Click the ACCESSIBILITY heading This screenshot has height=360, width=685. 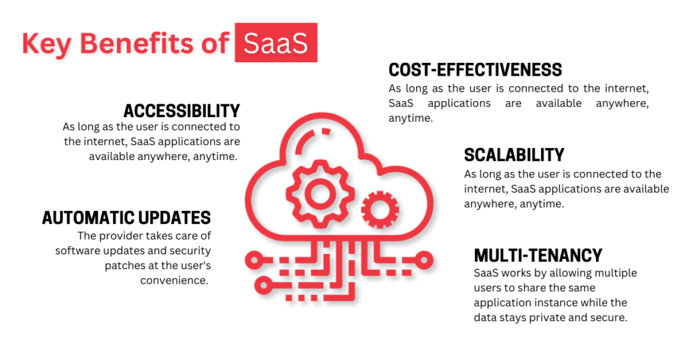coord(181,110)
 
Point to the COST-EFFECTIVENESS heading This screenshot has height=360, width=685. coord(475,70)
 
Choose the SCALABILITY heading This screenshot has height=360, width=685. coord(514,155)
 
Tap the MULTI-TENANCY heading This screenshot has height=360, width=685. coord(538,255)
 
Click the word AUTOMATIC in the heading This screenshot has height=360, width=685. coord(89,217)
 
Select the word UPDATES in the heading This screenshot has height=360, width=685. coord(175,217)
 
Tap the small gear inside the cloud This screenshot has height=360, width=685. coord(380,211)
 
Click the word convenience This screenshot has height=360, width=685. coord(175,280)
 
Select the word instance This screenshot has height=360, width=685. coord(558,302)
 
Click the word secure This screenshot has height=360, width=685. coord(609,317)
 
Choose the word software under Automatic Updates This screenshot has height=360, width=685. coord(78,250)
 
